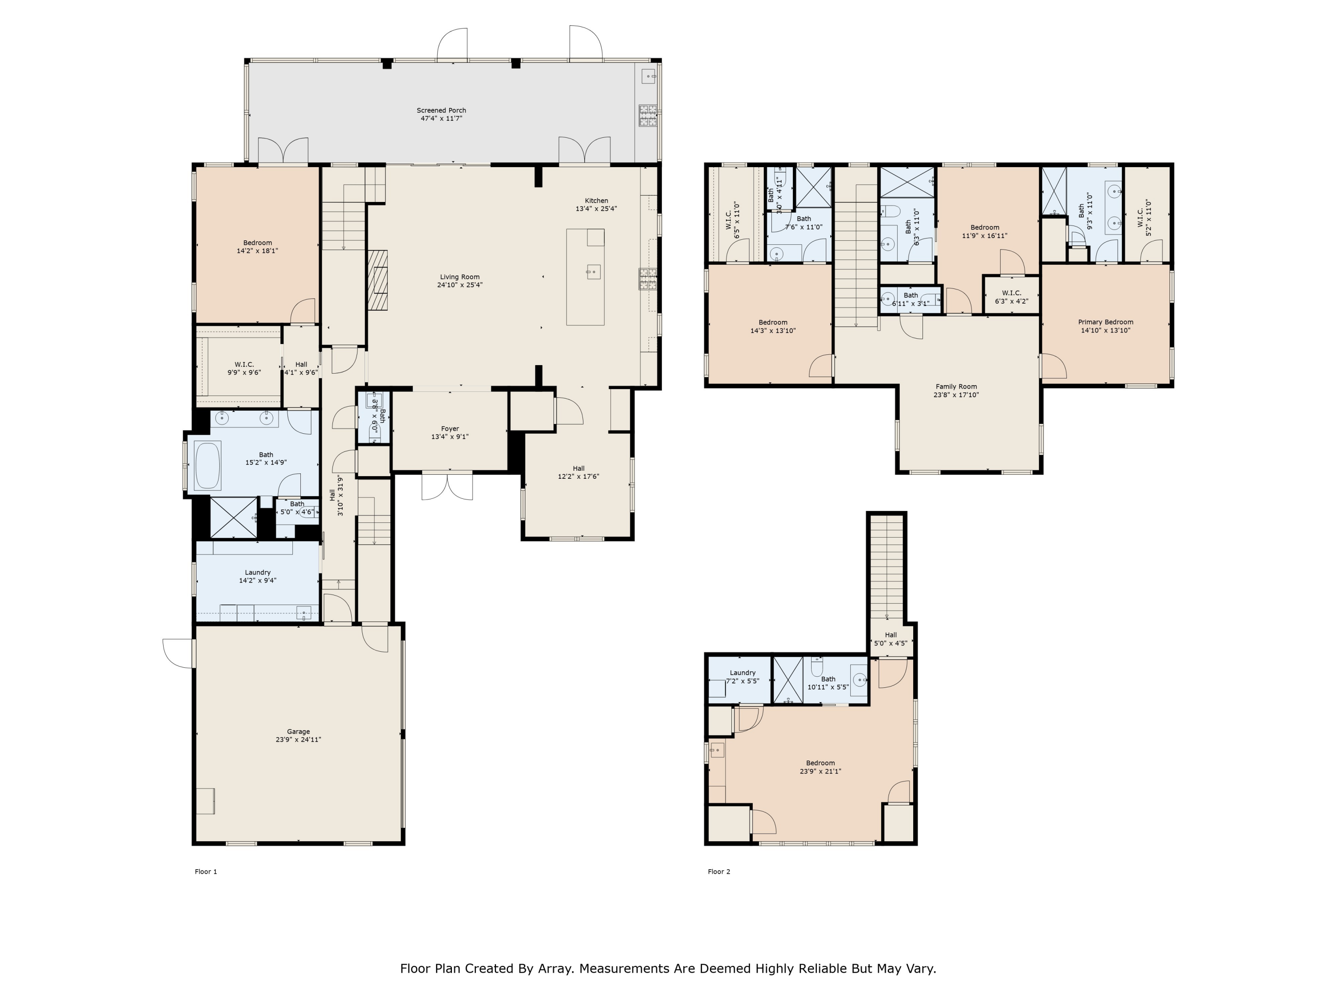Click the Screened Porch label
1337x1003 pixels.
pos(441,111)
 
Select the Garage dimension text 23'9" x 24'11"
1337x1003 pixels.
pos(298,740)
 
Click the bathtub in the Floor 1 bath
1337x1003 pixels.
pos(207,465)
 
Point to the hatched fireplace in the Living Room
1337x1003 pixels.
pos(378,280)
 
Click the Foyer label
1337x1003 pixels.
pos(450,429)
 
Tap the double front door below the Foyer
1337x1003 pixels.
pos(447,487)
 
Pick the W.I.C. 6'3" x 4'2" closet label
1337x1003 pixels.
pos(1011,297)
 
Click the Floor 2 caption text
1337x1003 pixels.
pos(719,871)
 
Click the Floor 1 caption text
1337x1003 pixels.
pos(205,871)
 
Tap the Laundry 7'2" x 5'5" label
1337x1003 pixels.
pos(742,677)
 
